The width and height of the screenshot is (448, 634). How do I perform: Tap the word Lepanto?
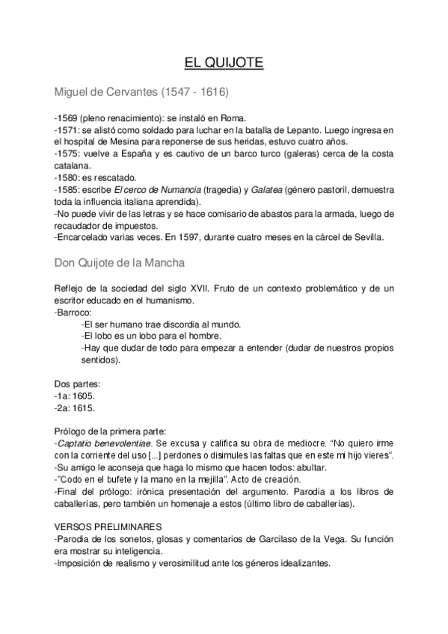click(306, 129)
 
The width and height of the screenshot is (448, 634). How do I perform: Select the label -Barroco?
click(73, 312)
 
